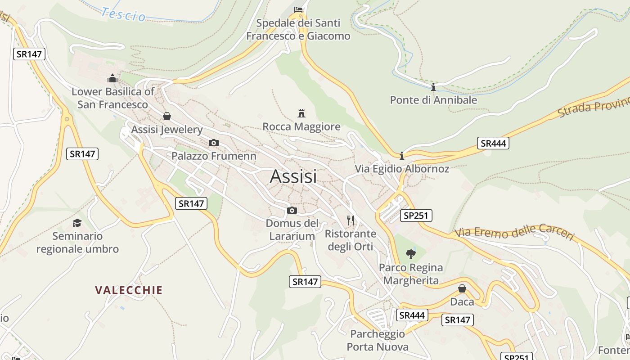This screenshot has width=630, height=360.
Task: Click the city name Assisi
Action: click(x=293, y=176)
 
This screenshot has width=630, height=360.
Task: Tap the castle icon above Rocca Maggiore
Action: click(x=301, y=113)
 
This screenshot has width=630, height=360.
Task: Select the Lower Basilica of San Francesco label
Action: click(x=113, y=98)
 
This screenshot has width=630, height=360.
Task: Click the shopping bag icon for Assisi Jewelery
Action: click(x=167, y=116)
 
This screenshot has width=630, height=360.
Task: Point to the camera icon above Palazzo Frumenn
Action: click(x=214, y=143)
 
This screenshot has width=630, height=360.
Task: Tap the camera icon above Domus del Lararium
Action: click(x=292, y=210)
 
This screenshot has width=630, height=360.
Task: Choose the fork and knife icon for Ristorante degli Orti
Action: click(x=351, y=220)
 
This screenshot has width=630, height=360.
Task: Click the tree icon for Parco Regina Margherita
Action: click(x=410, y=254)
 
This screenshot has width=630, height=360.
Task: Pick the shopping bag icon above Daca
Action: click(x=462, y=288)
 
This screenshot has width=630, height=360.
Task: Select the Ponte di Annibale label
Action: click(x=433, y=100)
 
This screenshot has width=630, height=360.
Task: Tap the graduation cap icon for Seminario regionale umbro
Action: click(x=77, y=223)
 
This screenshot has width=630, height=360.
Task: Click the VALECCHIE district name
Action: click(x=129, y=290)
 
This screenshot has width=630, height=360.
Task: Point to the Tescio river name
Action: click(x=124, y=14)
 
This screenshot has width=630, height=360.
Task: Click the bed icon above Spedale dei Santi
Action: click(x=298, y=9)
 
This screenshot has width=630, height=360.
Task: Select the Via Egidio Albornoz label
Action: click(x=402, y=169)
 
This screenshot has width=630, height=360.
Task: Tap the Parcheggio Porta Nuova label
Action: click(x=378, y=340)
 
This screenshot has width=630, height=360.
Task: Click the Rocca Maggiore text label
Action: click(x=301, y=127)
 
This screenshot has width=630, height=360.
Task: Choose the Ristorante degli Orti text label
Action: click(x=351, y=240)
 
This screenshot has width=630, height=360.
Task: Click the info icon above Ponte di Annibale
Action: click(x=433, y=87)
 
